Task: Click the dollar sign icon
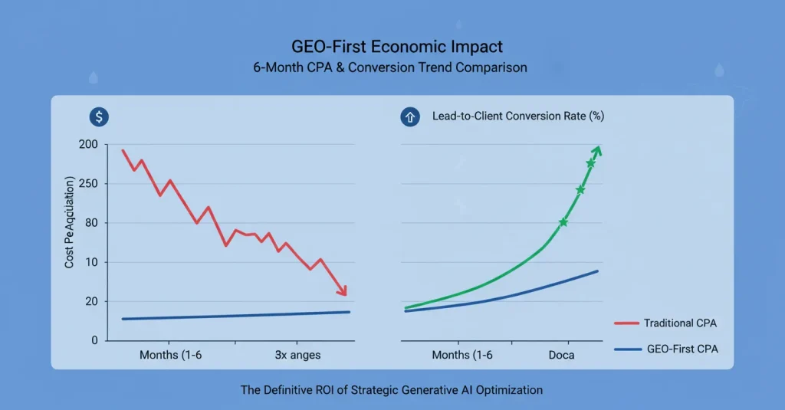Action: (99, 116)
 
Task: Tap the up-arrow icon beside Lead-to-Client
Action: (408, 116)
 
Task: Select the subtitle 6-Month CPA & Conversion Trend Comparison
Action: (390, 67)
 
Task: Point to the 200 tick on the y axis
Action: (88, 145)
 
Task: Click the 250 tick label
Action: (88, 184)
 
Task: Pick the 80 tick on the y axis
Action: (91, 223)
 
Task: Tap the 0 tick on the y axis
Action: (94, 340)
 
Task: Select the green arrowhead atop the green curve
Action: (596, 150)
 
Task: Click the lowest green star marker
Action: (563, 222)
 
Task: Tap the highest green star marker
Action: (590, 163)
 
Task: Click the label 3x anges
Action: (297, 355)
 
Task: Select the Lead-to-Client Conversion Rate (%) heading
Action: (518, 116)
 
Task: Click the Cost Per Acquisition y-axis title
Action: (70, 222)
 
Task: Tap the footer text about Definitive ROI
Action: (392, 390)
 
